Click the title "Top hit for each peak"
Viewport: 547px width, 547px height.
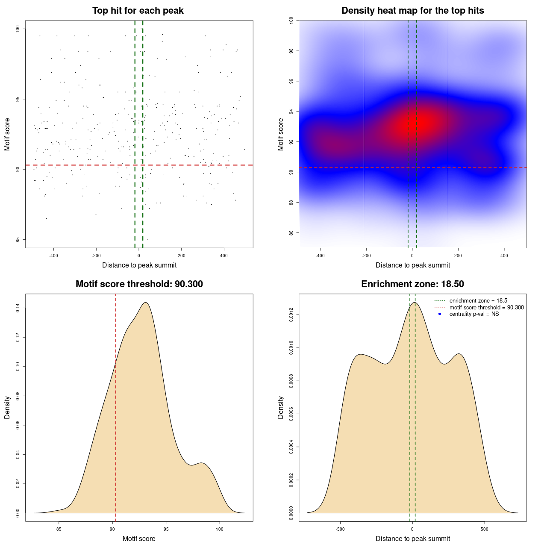click(138, 11)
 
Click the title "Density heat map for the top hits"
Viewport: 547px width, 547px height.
click(412, 11)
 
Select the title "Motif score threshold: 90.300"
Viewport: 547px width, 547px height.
click(139, 284)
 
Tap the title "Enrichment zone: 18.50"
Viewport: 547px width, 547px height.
click(412, 284)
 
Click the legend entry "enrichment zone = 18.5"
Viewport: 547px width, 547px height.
click(478, 301)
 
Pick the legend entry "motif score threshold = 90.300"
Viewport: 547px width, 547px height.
click(486, 307)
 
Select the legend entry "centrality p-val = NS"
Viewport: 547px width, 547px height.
click(474, 314)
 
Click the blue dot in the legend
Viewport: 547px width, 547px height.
click(440, 314)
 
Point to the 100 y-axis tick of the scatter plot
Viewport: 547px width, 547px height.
click(18, 29)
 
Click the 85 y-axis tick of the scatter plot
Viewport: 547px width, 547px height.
click(18, 239)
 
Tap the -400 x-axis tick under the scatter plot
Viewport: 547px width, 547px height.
click(53, 256)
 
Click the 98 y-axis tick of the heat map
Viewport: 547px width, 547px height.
click(291, 51)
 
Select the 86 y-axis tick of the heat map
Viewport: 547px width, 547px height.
click(291, 233)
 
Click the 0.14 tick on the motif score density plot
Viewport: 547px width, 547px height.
click(18, 308)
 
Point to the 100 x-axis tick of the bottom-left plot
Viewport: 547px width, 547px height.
click(220, 529)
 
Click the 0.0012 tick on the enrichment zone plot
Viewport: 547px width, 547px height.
click(291, 315)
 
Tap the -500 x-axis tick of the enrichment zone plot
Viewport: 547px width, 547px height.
click(340, 529)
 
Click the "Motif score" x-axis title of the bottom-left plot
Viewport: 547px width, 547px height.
click(139, 538)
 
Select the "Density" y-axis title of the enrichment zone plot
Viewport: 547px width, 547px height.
click(281, 407)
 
